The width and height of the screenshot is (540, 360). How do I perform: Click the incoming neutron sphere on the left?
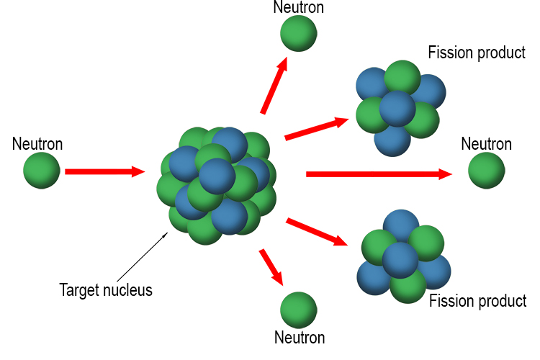click(42, 171)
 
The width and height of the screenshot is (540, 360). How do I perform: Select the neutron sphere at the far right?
click(487, 171)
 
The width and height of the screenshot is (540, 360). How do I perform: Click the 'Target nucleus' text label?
click(106, 291)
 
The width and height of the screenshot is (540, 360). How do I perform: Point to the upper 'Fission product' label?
click(476, 53)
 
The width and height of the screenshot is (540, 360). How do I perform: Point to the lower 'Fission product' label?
click(477, 301)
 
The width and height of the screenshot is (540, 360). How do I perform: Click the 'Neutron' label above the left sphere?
click(37, 144)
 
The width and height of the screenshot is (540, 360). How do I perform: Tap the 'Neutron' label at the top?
click(298, 8)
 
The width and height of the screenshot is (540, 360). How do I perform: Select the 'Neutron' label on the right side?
click(486, 144)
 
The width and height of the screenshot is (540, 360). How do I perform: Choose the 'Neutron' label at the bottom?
click(300, 337)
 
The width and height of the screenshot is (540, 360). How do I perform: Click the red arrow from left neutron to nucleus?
click(104, 171)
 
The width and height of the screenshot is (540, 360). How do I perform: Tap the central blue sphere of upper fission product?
click(397, 109)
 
